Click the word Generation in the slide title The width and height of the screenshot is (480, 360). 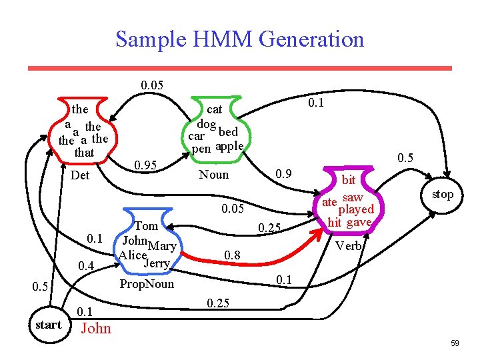(x=311, y=39)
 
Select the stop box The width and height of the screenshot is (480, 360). (x=442, y=195)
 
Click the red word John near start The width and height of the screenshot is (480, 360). (x=96, y=328)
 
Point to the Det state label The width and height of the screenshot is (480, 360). (x=80, y=176)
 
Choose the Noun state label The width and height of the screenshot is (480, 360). (x=214, y=175)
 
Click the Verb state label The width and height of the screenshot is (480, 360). (x=349, y=245)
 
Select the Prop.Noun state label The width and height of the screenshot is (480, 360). (x=146, y=284)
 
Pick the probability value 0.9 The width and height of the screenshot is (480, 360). (x=285, y=175)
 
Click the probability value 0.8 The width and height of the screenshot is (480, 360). (x=232, y=255)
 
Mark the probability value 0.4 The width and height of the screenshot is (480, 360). (x=86, y=267)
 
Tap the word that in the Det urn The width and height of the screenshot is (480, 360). (x=85, y=153)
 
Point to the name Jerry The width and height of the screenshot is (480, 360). (x=156, y=263)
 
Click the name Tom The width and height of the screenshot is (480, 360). (x=146, y=226)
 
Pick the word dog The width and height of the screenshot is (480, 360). (x=206, y=124)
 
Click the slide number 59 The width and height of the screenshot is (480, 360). (x=455, y=343)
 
